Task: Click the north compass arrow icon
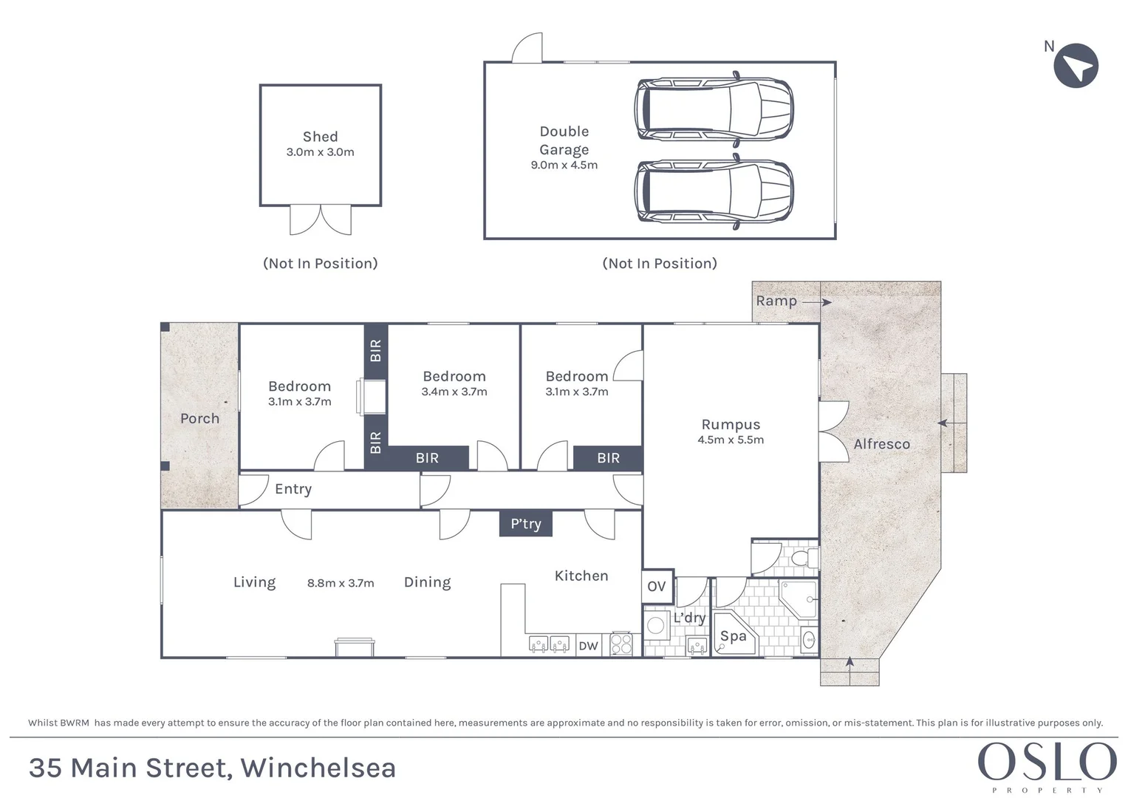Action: coord(1076,66)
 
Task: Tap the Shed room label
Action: coord(320,137)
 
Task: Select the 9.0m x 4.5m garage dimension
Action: coord(564,166)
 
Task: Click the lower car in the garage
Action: coord(714,191)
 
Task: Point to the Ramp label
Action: coord(776,301)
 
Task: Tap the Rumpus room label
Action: coord(731,425)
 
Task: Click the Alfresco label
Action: coord(881,444)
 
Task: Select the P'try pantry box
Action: coord(526,524)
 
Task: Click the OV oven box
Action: coord(657,587)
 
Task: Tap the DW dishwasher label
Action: coord(588,646)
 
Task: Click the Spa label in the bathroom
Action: coord(733,636)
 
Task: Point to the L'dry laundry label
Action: coord(688,618)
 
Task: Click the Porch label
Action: coord(199,419)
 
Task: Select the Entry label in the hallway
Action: coord(293,489)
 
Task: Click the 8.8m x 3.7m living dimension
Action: coord(341,584)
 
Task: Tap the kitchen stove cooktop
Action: coord(621,644)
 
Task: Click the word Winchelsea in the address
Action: coord(318,768)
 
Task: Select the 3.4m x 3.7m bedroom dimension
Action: coord(454,392)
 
